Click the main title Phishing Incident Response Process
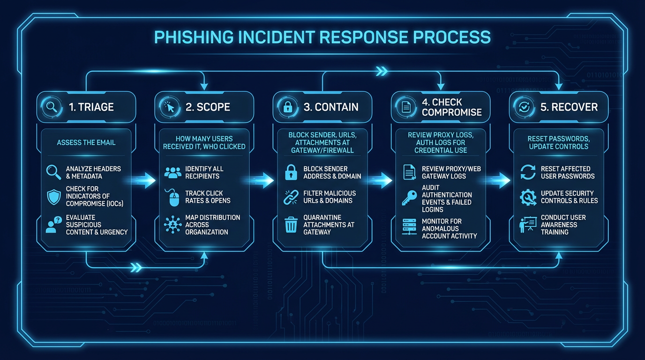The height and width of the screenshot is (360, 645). pos(322,37)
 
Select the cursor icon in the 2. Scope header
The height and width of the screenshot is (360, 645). pos(169,107)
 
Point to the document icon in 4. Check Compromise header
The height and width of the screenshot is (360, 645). pos(406,107)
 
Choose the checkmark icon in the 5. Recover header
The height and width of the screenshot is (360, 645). pos(524,107)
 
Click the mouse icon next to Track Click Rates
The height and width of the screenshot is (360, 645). pos(173,198)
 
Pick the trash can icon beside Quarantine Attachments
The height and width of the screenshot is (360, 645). pos(291,225)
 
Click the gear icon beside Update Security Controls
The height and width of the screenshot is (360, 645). pos(528,197)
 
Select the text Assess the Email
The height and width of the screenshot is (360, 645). pos(86,142)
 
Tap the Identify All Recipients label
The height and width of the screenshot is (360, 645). pos(204,172)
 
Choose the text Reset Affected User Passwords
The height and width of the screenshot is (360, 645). pos(567,172)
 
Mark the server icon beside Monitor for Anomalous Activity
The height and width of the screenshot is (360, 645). pos(409,227)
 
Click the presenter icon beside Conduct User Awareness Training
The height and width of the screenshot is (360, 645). pos(528,225)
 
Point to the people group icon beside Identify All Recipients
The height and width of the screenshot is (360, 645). pos(173,172)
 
